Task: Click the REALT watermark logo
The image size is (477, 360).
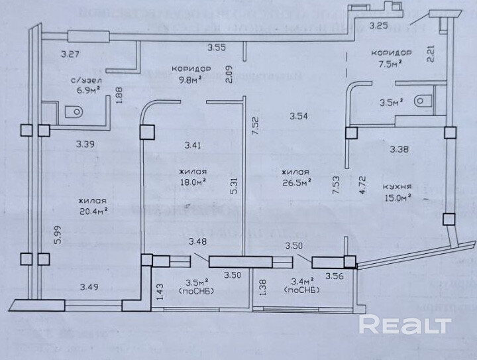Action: [x=405, y=325]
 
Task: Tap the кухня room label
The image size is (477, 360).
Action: [x=397, y=186]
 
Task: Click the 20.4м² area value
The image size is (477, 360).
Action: [x=92, y=211]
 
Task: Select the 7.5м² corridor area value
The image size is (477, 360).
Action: [x=392, y=64]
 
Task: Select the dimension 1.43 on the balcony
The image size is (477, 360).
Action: [x=160, y=292]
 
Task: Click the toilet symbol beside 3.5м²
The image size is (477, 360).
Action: [x=423, y=103]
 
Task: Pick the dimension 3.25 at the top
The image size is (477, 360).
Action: [x=378, y=26]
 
